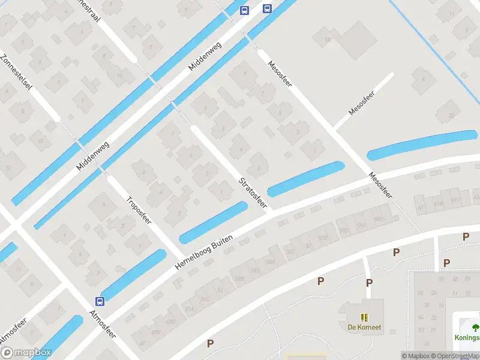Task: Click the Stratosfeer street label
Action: click(253, 192)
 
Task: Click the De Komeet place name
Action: click(364, 328)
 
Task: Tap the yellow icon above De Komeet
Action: click(364, 317)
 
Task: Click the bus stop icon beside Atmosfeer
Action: click(100, 301)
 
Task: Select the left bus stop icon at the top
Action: click(244, 10)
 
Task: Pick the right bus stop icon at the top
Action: click(267, 8)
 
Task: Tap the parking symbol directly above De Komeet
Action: click(369, 283)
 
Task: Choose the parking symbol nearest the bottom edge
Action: click(210, 344)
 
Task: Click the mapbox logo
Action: click(26, 353)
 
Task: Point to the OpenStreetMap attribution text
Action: click(455, 356)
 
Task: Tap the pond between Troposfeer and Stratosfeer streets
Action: click(214, 222)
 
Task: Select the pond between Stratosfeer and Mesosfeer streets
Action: click(306, 179)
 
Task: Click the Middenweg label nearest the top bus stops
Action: click(204, 56)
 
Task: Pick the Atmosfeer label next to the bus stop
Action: click(102, 325)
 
